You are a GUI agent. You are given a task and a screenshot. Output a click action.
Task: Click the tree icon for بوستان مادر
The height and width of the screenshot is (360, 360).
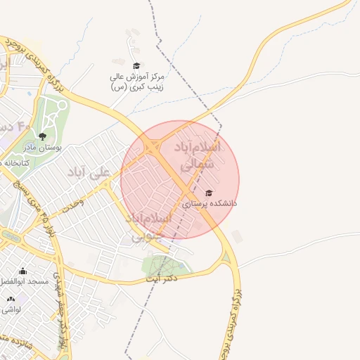(x=43, y=136)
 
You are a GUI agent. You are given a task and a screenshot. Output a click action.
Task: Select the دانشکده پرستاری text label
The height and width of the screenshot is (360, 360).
(x=210, y=204)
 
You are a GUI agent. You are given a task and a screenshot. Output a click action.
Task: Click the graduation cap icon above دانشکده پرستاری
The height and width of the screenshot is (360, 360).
(x=207, y=193)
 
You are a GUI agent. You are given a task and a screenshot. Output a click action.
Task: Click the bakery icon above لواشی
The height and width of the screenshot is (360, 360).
(x=11, y=299)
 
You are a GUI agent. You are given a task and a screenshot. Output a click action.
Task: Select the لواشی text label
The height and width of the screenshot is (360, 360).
(x=11, y=309)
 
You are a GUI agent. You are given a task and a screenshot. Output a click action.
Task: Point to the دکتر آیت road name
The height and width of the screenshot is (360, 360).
(x=160, y=278)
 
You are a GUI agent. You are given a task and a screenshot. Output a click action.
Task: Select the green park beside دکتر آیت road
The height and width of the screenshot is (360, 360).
(x=165, y=265)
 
